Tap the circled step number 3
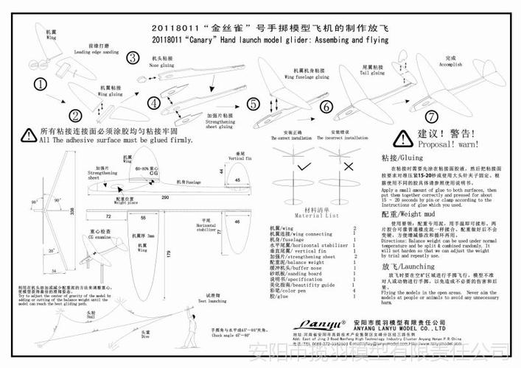click(x=133, y=58)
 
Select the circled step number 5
click(x=253, y=104)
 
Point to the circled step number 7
click(x=431, y=116)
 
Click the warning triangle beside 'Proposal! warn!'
click(x=402, y=138)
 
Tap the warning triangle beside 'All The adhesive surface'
click(x=27, y=133)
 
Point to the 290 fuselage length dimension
click(x=164, y=198)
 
